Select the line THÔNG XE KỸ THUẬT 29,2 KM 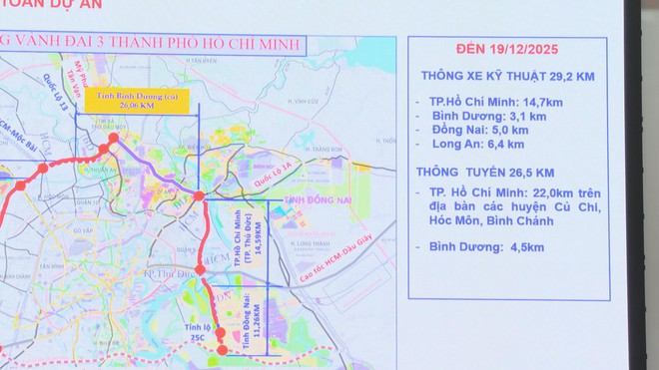point(508,75)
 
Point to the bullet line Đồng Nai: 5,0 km point(482,129)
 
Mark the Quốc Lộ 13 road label point(50,92)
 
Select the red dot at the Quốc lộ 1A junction point(199,195)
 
